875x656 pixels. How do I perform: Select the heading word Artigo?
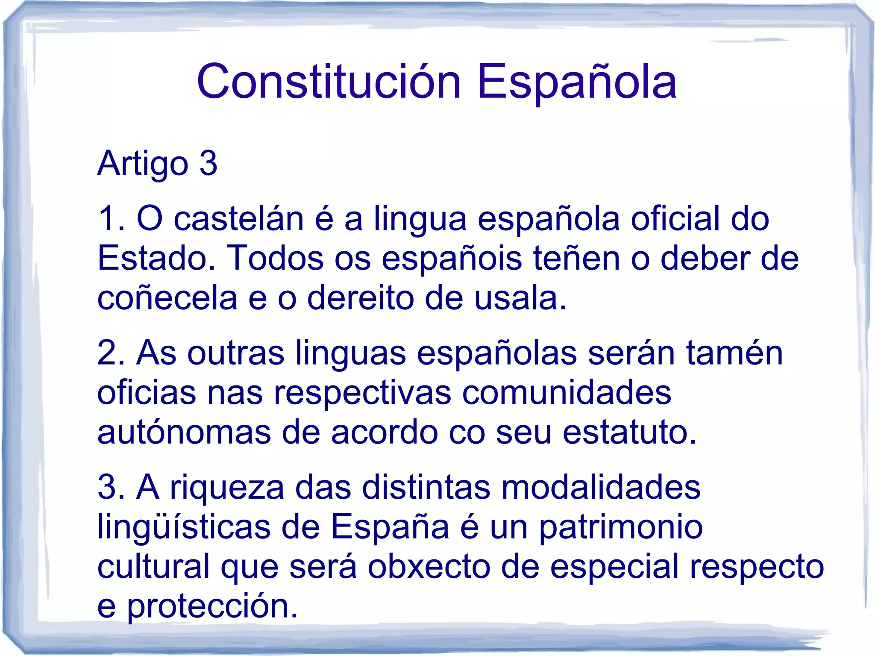pyautogui.click(x=143, y=163)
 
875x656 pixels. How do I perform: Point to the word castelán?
pyautogui.click(x=239, y=218)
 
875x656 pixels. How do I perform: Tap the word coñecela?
pyautogui.click(x=167, y=298)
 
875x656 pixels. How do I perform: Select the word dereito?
pyautogui.click(x=361, y=297)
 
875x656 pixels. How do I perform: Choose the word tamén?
pyautogui.click(x=734, y=353)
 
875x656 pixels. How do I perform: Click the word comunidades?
pyautogui.click(x=567, y=392)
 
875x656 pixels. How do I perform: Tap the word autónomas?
pyautogui.click(x=184, y=432)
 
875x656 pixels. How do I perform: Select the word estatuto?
pyautogui.click(x=629, y=432)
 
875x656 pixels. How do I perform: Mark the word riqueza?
pyautogui.click(x=227, y=487)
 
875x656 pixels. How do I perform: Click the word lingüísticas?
pyautogui.click(x=184, y=527)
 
